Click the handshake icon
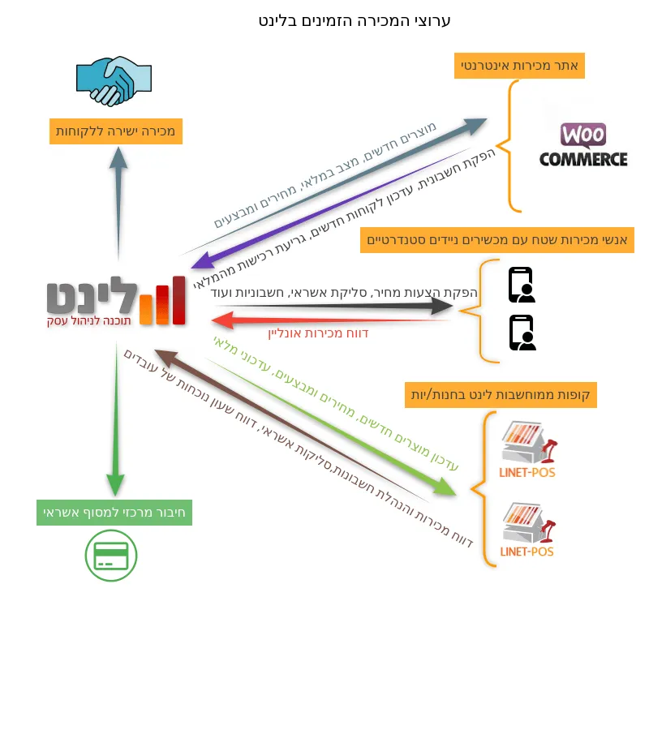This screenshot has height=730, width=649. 114,81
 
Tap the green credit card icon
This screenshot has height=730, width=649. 111,556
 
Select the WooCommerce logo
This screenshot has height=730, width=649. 583,145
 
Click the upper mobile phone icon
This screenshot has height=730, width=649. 522,285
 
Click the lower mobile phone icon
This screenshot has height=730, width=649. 522,333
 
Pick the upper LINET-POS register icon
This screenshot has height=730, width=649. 528,449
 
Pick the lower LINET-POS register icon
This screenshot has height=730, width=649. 528,530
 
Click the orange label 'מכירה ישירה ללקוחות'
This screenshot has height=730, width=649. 116,131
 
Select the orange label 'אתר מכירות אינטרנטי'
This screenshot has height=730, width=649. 519,66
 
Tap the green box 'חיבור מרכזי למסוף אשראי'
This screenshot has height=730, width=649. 114,513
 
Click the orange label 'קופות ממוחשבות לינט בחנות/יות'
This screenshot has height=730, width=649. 501,395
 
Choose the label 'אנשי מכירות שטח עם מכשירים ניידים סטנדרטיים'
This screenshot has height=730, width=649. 497,240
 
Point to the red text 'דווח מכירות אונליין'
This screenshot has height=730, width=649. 319,333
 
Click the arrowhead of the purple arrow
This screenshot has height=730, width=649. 200,262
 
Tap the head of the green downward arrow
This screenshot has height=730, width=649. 115,485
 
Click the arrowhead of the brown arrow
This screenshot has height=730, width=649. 164,357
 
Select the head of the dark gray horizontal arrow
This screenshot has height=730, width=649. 441,306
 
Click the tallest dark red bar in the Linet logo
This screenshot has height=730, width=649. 178,300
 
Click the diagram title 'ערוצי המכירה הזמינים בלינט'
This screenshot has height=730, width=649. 355,21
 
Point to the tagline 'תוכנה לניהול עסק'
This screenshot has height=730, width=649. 89,320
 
